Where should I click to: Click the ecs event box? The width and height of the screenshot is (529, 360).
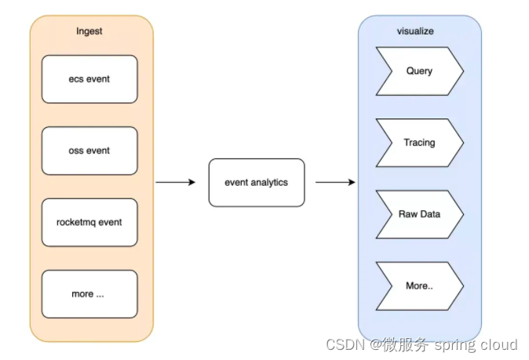pos(89,79)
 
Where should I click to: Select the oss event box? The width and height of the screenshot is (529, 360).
pos(89,151)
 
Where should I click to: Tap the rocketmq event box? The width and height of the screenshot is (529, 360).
pos(89,222)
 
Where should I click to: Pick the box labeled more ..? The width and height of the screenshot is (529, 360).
pos(89,294)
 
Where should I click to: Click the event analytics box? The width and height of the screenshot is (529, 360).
pos(256,183)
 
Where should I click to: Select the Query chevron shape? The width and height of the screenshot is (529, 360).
pos(419,71)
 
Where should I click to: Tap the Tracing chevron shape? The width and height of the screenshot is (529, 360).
pos(419,143)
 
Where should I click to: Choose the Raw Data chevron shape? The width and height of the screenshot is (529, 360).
pos(419,214)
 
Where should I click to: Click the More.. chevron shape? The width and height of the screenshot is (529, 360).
pos(419,286)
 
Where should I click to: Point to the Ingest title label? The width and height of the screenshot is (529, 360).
pos(89,31)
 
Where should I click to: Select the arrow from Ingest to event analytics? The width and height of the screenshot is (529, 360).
pos(175,183)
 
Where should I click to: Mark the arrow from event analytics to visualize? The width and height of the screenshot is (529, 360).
pos(335,183)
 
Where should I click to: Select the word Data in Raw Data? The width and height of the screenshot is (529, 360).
pos(429,214)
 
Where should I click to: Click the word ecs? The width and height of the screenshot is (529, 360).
pos(75,79)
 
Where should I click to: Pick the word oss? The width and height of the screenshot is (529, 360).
pos(76,151)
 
